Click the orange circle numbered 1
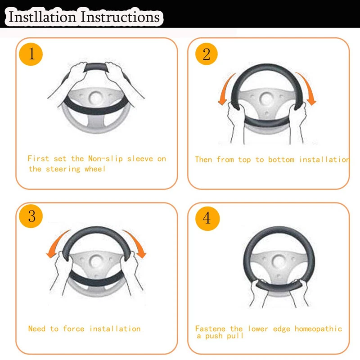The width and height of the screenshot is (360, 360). pyautogui.click(x=31, y=54)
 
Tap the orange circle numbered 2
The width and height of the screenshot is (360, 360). pyautogui.click(x=207, y=54)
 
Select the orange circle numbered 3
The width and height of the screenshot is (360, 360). pyautogui.click(x=31, y=216)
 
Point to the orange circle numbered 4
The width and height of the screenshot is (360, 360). pyautogui.click(x=207, y=218)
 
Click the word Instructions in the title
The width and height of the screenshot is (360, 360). pyautogui.click(x=120, y=17)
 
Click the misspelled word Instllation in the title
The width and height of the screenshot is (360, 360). pyautogui.click(x=42, y=17)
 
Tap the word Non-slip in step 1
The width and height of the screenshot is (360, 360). pyautogui.click(x=105, y=159)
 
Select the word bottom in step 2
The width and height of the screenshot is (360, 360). pyautogui.click(x=281, y=159)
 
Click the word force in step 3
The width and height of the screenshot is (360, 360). pyautogui.click(x=73, y=328)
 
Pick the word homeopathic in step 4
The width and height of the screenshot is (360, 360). pyautogui.click(x=318, y=329)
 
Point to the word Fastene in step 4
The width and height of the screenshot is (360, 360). pyautogui.click(x=210, y=328)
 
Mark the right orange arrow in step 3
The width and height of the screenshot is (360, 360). pyautogui.click(x=136, y=243)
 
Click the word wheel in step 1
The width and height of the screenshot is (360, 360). pyautogui.click(x=95, y=169)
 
